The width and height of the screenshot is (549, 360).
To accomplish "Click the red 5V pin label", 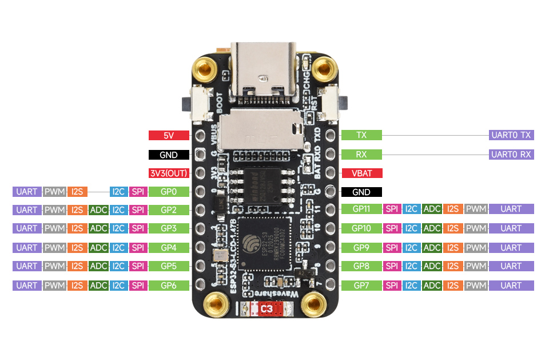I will coord(169,136).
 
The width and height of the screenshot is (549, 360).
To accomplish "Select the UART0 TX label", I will coord(511,136).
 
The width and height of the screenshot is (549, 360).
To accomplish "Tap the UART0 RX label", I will coord(511,155).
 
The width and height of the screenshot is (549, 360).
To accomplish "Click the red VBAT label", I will coord(361,173).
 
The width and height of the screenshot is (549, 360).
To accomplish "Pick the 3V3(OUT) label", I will coord(169,173).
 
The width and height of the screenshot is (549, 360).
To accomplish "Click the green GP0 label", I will coord(169,192).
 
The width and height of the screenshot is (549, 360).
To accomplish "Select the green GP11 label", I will coord(361,209).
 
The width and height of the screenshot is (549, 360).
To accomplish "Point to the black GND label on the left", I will coord(169,155).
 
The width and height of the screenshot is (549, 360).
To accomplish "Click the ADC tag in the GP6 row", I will coord(98,285).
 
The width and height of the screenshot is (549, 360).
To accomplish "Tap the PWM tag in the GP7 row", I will coord(475,285).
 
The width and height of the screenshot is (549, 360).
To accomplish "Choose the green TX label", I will coord(361,136).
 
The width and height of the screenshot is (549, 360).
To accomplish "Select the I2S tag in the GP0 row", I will coord(77,192).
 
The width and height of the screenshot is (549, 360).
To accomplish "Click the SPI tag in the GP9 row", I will coord(392,247).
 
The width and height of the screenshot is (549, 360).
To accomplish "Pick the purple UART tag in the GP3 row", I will coord(27,228).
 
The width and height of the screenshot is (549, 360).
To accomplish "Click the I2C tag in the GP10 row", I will coord(411,228).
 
